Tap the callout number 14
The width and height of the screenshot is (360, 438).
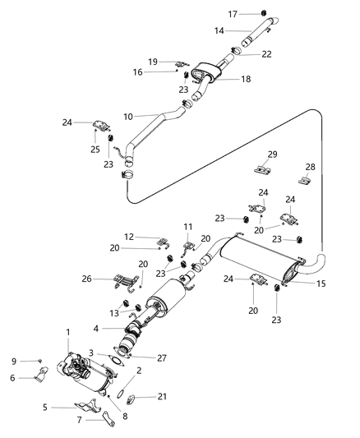click(x=219, y=30)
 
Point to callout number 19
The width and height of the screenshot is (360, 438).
click(x=153, y=62)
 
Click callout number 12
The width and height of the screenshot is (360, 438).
click(x=130, y=237)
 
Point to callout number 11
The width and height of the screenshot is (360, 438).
click(x=187, y=226)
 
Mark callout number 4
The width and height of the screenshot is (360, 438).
click(x=97, y=329)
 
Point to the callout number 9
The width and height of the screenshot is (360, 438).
click(x=13, y=361)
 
